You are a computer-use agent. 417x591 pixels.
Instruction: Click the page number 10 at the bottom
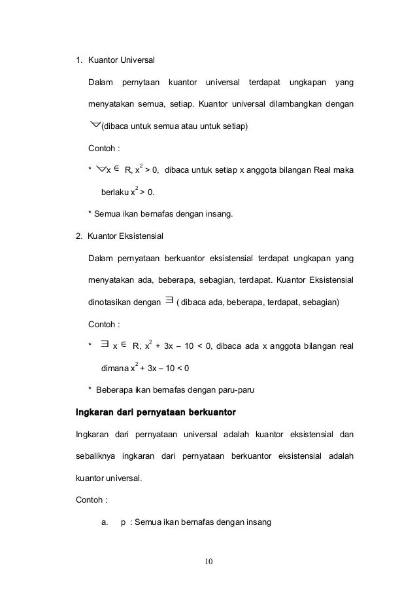tap(208, 561)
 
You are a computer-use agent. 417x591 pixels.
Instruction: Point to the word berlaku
tap(115, 192)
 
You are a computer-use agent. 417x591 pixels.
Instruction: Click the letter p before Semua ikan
tap(124, 522)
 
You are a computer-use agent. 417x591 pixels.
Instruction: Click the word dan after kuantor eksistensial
tap(346, 434)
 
